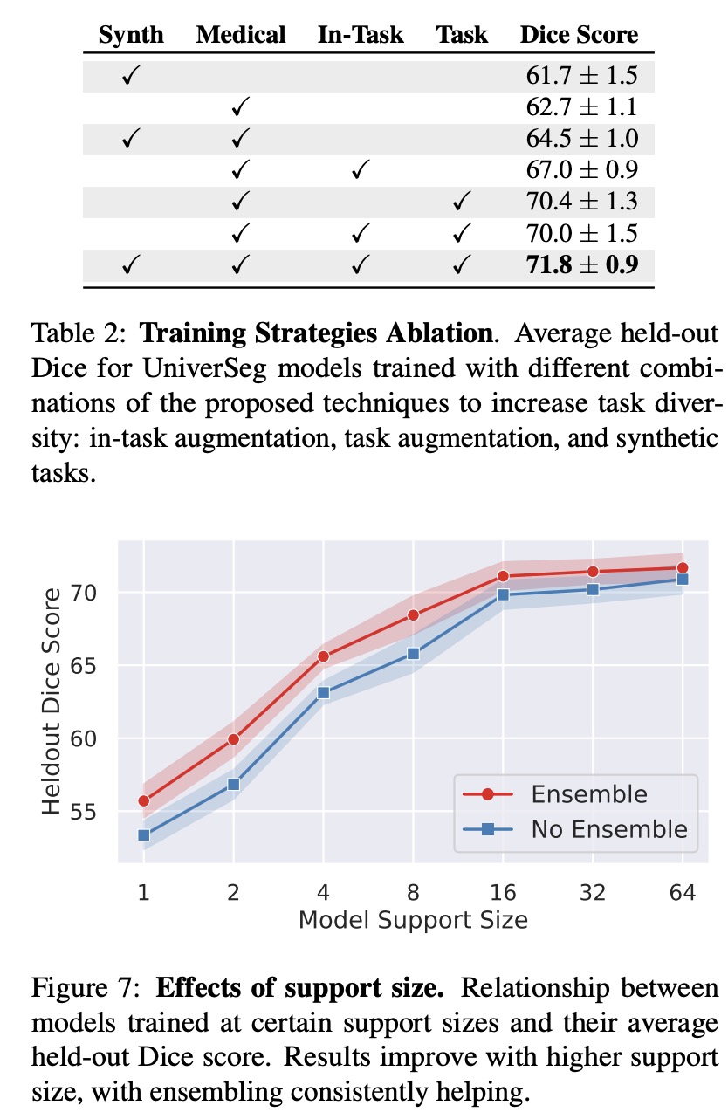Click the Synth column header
pos(131,35)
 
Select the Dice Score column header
pos(579,35)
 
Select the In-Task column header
pos(361,35)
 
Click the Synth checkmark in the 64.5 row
pos(132,139)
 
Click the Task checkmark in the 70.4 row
pos(462,203)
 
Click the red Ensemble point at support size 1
pos(144,800)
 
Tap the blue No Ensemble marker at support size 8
pos(414,653)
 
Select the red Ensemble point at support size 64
pos(683,568)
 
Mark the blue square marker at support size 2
pos(233,784)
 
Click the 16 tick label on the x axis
pos(504,893)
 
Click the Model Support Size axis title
pos(413,920)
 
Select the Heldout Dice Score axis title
pos(53,701)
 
